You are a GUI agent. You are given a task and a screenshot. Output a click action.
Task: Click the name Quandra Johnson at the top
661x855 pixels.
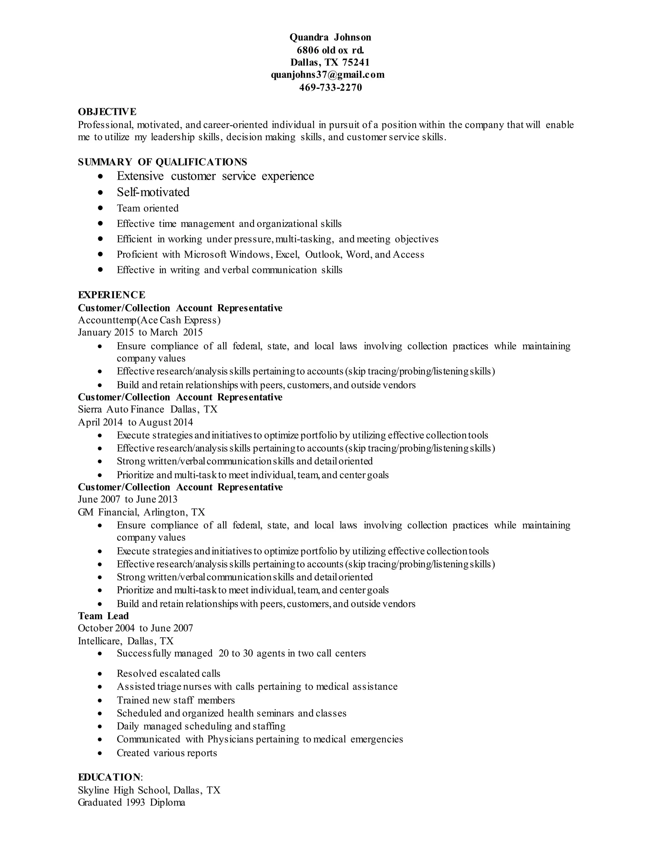(x=330, y=37)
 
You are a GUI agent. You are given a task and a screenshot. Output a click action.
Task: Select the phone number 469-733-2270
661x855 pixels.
(x=330, y=87)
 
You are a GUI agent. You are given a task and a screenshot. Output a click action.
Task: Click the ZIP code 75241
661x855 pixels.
(x=356, y=62)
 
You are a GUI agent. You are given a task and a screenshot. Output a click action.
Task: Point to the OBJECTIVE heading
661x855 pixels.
(x=107, y=112)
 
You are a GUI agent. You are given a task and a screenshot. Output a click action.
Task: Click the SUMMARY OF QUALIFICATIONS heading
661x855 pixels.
(x=162, y=162)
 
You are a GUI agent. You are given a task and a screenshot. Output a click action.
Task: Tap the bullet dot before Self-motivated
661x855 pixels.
(x=101, y=192)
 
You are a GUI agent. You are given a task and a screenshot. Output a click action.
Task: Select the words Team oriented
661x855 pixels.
(x=147, y=208)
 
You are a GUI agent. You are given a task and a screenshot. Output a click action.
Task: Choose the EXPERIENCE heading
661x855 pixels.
(x=111, y=295)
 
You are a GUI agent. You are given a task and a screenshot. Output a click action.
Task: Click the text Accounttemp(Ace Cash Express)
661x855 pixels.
(x=149, y=320)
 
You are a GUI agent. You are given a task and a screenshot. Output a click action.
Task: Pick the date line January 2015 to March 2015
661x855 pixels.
(x=140, y=332)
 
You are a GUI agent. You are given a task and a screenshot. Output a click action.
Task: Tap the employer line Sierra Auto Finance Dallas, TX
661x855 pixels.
(x=147, y=409)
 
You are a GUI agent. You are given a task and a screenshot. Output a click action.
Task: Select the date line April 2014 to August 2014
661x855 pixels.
(x=135, y=422)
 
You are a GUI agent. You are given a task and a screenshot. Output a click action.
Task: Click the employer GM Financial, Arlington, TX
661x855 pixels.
(x=141, y=512)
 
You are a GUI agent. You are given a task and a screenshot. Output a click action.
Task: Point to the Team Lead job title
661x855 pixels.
(x=103, y=616)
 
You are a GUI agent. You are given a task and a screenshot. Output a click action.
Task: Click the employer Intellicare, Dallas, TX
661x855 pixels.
(x=126, y=641)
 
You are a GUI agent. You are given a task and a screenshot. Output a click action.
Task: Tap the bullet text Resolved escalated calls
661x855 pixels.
(x=168, y=673)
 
